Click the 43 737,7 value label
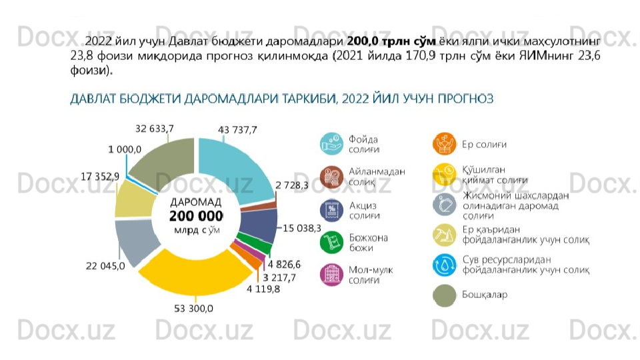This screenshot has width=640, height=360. [x=238, y=129]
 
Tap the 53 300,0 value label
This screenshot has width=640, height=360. [x=193, y=309]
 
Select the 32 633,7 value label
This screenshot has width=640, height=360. [x=155, y=128]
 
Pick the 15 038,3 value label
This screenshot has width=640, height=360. [x=302, y=228]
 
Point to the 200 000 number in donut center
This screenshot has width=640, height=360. [x=195, y=217]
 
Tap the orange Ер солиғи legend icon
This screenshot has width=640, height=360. [x=443, y=144]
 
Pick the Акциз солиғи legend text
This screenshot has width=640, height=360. [x=365, y=211]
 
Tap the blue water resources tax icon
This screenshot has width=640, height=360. [x=443, y=265]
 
